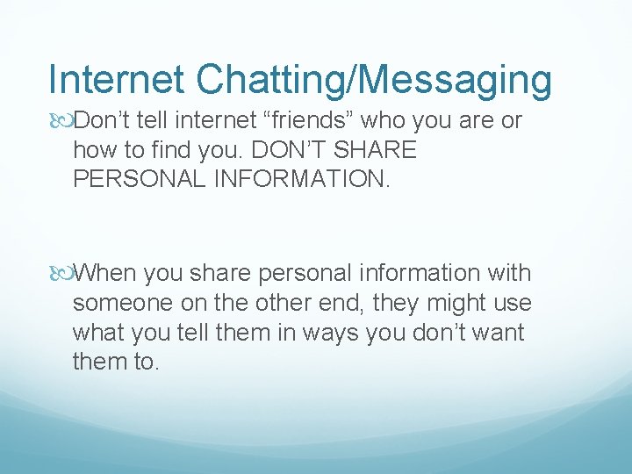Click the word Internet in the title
coord(117,79)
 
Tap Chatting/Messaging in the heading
coord(373,81)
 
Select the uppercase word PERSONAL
coord(141,179)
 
